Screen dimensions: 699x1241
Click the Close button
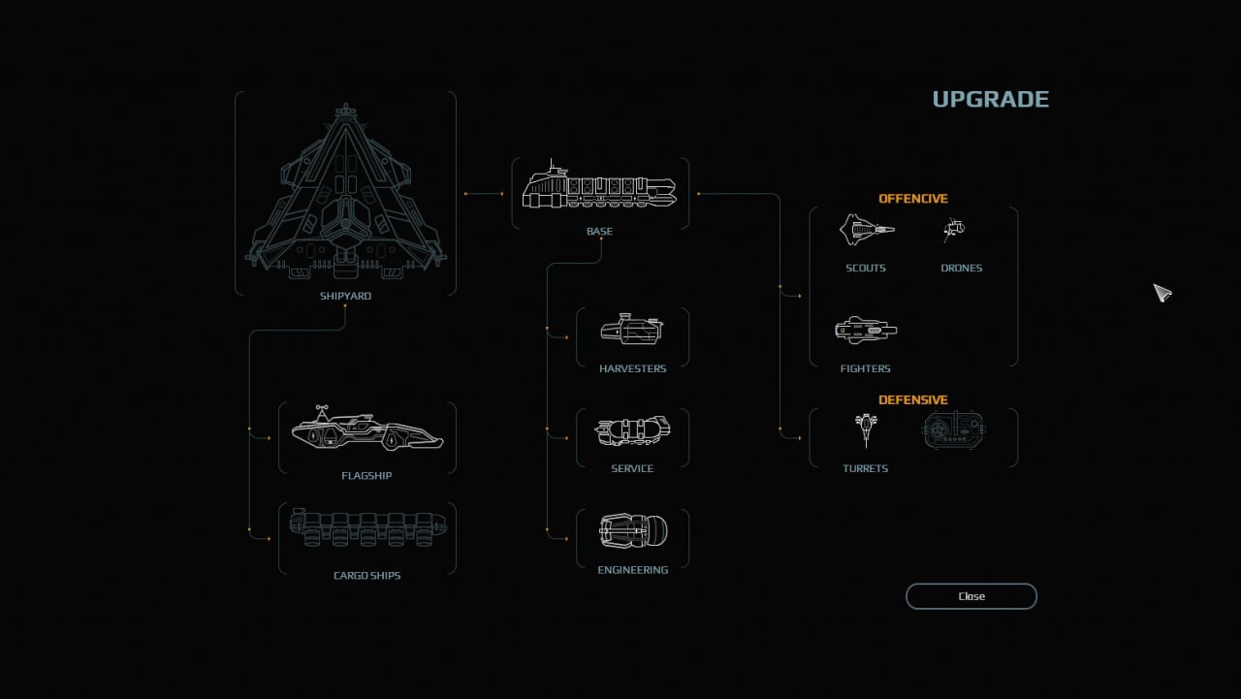click(x=971, y=596)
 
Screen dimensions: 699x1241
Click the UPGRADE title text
click(x=990, y=99)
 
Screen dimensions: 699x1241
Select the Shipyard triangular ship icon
click(x=345, y=190)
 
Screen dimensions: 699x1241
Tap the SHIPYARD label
click(x=345, y=296)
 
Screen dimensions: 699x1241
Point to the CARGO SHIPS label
click(x=366, y=576)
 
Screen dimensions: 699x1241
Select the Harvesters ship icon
click(x=632, y=331)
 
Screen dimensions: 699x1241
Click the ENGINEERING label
click(x=632, y=570)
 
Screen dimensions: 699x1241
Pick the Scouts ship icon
click(x=866, y=230)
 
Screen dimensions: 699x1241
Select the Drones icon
click(x=955, y=230)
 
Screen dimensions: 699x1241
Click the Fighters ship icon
click(x=866, y=331)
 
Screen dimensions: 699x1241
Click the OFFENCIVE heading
click(x=912, y=199)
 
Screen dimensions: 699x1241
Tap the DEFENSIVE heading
click(x=912, y=399)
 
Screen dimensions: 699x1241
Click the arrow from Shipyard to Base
click(x=484, y=194)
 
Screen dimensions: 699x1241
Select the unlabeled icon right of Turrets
click(x=954, y=429)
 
